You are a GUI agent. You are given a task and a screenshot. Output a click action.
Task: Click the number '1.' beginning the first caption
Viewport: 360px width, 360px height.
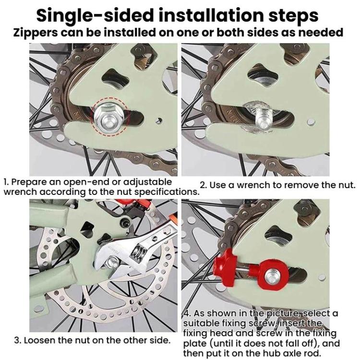click(6, 182)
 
